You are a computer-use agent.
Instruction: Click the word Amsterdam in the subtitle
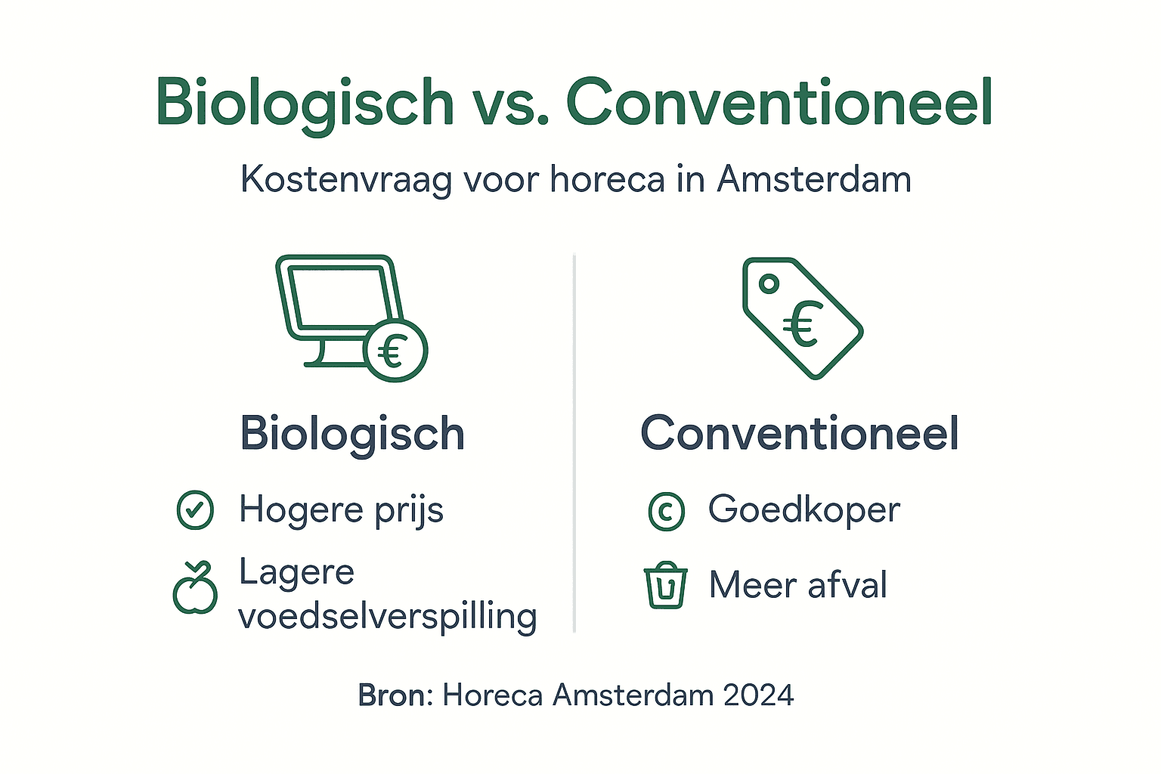pyautogui.click(x=813, y=180)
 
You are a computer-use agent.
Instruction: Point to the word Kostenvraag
pyautogui.click(x=346, y=180)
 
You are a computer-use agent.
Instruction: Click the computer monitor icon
pyautogui.click(x=336, y=302)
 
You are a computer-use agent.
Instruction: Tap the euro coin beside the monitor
pyautogui.click(x=395, y=351)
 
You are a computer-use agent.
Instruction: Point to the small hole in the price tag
pyautogui.click(x=769, y=284)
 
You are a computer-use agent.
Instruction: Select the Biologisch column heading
pyautogui.click(x=352, y=434)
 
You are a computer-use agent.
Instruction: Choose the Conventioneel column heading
pyautogui.click(x=800, y=434)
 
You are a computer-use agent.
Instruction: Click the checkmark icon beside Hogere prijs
pyautogui.click(x=195, y=509)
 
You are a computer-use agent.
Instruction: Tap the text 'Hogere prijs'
pyautogui.click(x=341, y=509)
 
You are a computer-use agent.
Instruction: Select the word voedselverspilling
pyautogui.click(x=388, y=617)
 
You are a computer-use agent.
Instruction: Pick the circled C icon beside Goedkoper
pyautogui.click(x=667, y=511)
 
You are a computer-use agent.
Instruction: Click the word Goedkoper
pyautogui.click(x=804, y=509)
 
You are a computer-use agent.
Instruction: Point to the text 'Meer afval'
pyautogui.click(x=798, y=585)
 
